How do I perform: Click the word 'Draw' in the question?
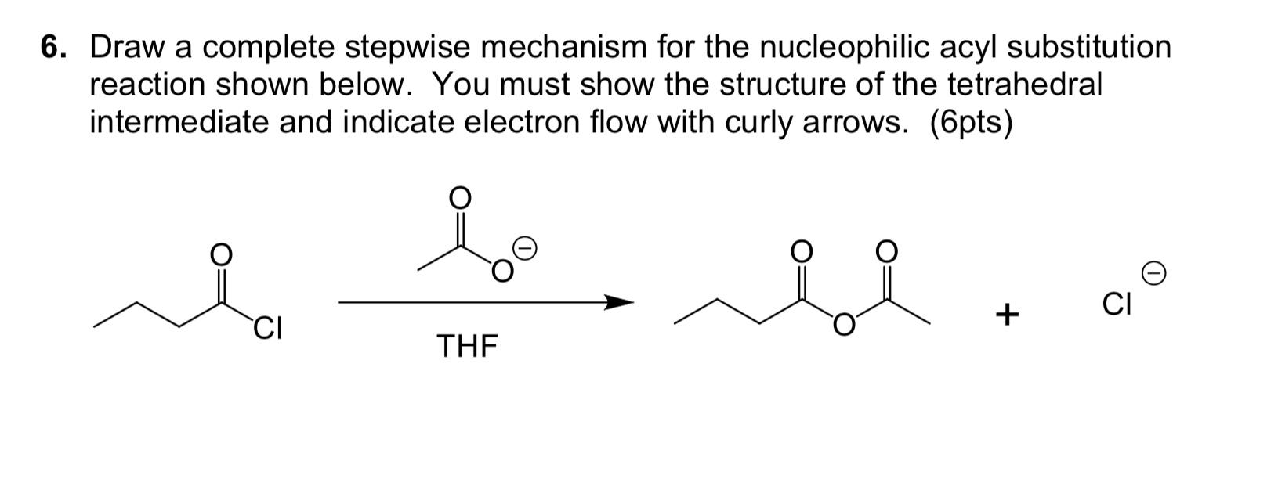[x=127, y=49]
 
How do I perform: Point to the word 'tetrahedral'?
[x=1023, y=85]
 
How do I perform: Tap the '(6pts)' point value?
[x=971, y=122]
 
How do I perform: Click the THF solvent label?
[x=467, y=345]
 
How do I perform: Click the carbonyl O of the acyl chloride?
[x=221, y=254]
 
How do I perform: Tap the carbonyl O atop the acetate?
[x=460, y=198]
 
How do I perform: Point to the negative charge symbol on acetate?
[x=527, y=250]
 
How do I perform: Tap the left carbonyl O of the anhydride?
[x=801, y=251]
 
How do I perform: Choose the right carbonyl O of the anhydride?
[x=885, y=251]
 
